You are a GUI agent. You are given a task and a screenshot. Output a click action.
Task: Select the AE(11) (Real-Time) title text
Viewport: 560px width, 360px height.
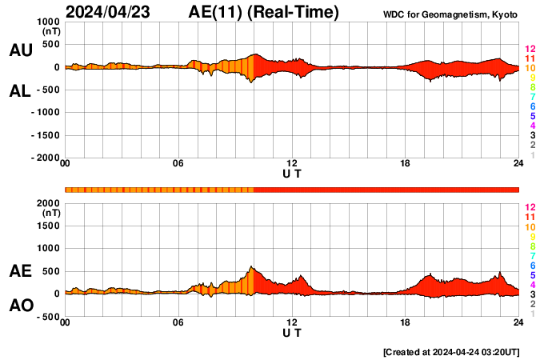point(264,12)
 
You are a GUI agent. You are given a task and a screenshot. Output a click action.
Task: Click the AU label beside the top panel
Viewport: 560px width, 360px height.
point(20,50)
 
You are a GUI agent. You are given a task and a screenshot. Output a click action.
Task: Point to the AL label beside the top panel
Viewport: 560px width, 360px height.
point(20,91)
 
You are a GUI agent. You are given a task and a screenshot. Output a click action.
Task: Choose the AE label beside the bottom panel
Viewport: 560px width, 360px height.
point(20,271)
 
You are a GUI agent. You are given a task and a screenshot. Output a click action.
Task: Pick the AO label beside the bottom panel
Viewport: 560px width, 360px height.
point(20,306)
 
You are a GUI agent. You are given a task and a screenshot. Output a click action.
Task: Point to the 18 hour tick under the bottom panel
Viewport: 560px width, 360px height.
point(406,322)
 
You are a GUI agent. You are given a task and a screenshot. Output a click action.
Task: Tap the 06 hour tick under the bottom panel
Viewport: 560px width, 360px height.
point(178,322)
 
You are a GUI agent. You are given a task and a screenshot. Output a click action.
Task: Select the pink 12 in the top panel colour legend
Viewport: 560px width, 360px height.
point(530,50)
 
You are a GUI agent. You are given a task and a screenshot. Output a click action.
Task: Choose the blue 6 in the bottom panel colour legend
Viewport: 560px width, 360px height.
point(532,265)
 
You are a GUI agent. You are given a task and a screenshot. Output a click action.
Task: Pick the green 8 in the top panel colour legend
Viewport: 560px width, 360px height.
point(532,87)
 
